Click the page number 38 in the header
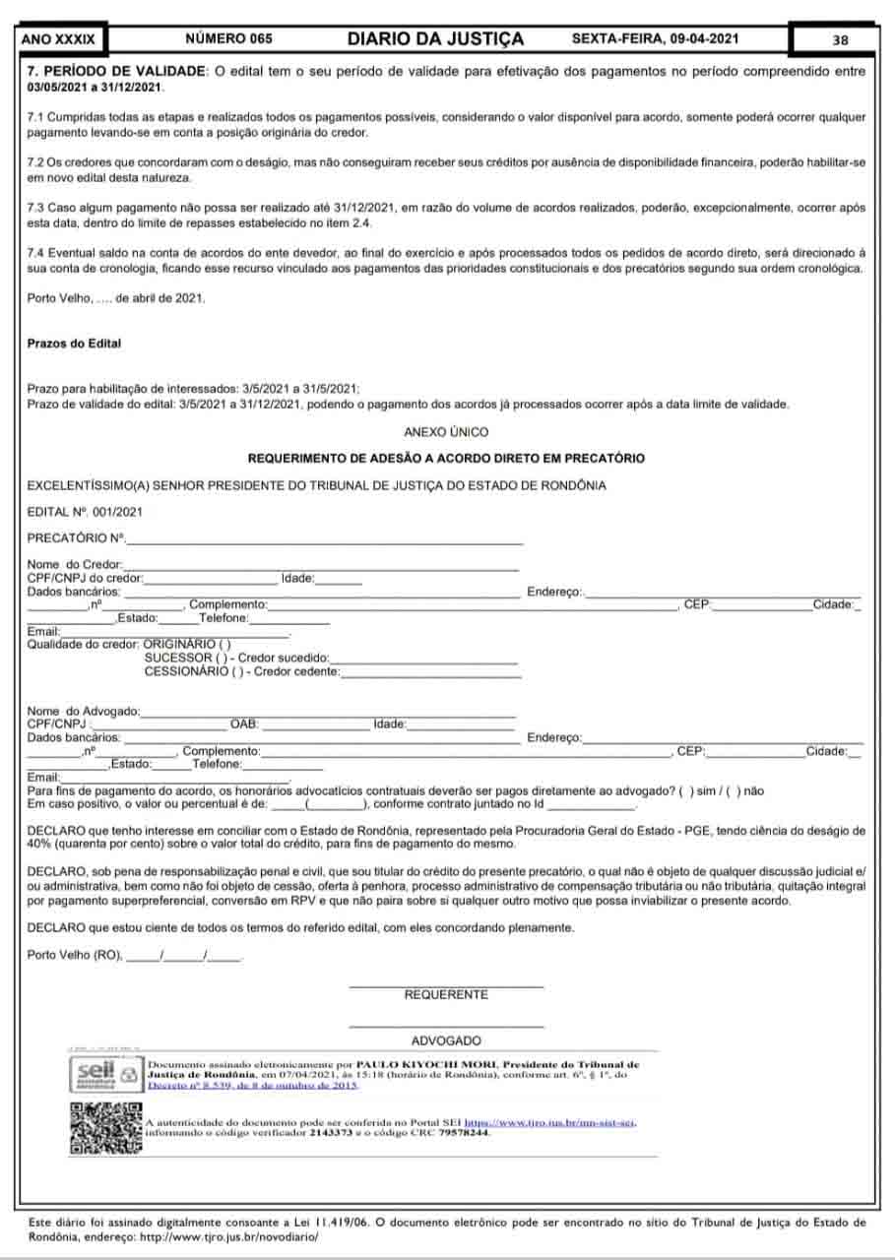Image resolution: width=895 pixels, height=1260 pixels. (x=840, y=40)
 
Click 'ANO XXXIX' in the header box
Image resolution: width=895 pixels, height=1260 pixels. (x=59, y=39)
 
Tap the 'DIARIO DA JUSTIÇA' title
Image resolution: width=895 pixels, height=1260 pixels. (x=435, y=39)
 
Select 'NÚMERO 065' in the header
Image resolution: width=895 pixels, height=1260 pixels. (x=228, y=39)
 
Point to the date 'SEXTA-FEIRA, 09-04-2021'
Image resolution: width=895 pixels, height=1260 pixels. (x=654, y=39)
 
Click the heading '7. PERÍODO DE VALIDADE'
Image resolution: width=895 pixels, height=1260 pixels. (x=117, y=72)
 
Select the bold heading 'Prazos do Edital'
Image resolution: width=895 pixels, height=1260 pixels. (x=74, y=344)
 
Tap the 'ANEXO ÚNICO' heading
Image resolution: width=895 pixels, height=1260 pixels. (x=445, y=432)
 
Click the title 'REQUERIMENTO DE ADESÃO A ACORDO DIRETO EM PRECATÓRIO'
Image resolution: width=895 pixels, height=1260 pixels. (x=445, y=459)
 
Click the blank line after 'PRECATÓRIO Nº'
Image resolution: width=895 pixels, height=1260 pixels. (x=325, y=539)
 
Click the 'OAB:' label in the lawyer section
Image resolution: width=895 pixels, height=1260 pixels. (x=243, y=724)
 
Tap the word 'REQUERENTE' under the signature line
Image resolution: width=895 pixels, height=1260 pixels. (x=446, y=995)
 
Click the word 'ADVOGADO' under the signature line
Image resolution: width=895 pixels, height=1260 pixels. (x=446, y=1040)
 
